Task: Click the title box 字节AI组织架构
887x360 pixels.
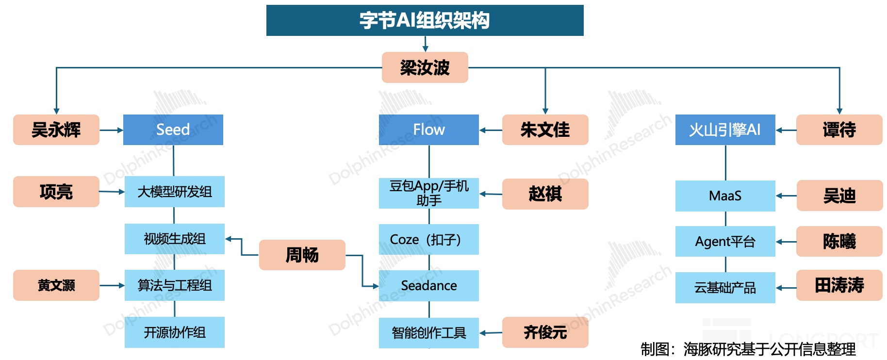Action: click(x=425, y=20)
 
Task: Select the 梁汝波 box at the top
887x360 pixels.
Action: click(x=425, y=67)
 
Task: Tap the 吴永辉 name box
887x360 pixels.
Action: click(x=56, y=130)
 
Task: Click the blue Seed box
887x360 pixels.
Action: click(x=173, y=130)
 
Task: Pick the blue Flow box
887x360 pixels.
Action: click(x=428, y=130)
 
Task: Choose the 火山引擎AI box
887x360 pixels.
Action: click(x=725, y=130)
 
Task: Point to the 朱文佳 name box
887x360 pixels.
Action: click(x=545, y=130)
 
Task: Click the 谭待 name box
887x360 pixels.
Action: click(x=839, y=130)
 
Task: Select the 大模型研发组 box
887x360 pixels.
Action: click(x=175, y=192)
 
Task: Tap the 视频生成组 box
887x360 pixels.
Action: click(x=175, y=239)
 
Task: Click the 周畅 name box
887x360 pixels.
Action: click(x=302, y=255)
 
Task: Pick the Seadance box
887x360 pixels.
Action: click(x=428, y=285)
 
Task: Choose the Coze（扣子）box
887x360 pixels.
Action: click(x=428, y=239)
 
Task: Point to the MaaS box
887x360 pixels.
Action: click(x=725, y=196)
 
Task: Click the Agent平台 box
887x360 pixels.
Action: click(x=725, y=241)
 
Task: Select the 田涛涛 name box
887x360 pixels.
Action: click(x=839, y=285)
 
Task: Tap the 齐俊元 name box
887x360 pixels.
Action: click(x=545, y=332)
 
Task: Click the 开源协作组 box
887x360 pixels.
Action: click(x=175, y=332)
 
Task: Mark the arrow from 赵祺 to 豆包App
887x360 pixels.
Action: click(x=491, y=194)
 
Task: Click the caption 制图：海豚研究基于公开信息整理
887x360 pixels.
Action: click(x=748, y=349)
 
